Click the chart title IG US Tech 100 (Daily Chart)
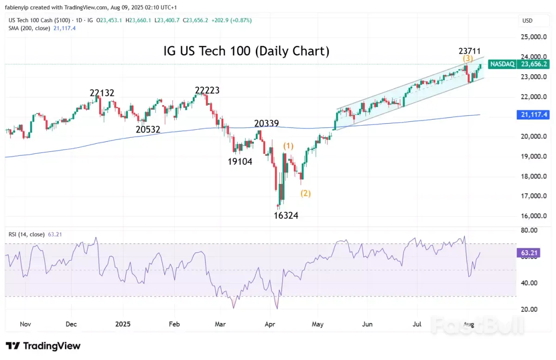pos(246,51)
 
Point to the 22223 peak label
pos(207,90)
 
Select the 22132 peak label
pos(102,93)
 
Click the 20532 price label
pos(148,130)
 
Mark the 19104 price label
pos(240,162)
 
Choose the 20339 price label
pos(266,124)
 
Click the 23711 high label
pos(469,51)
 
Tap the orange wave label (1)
pos(288,146)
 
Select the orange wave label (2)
pos(306,193)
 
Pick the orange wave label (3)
pos(468,58)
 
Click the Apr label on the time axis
pos(270,324)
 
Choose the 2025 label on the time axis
pos(123,324)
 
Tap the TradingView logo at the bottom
pos(43,346)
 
